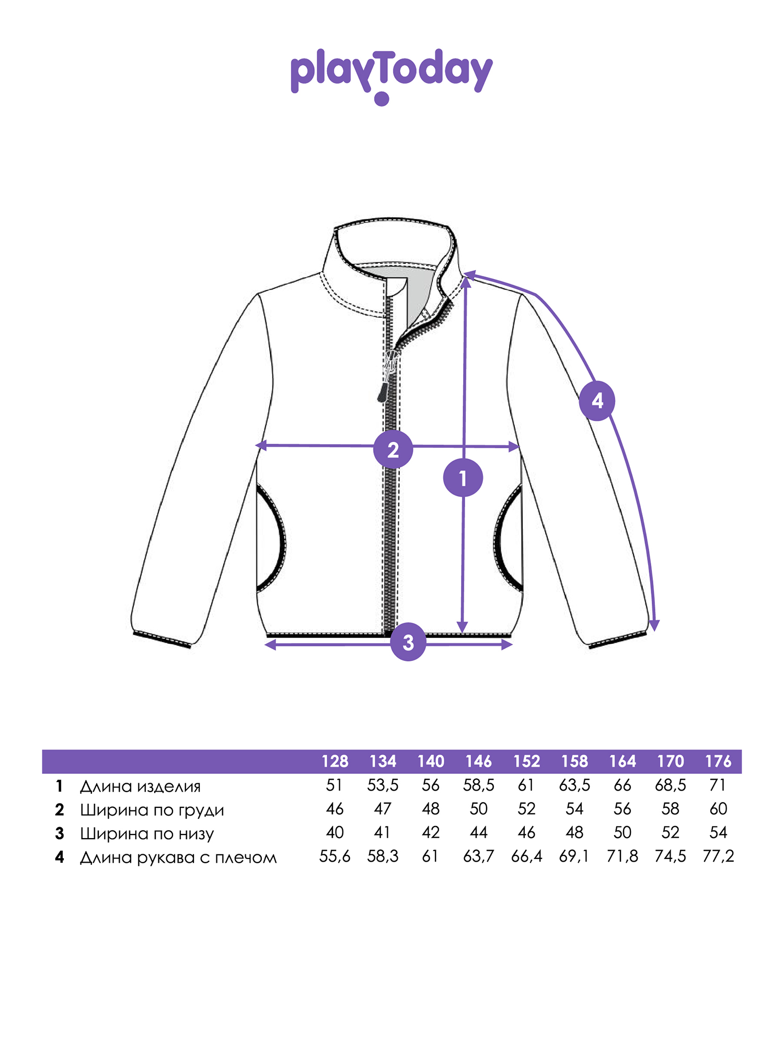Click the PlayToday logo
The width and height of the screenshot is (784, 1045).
pos(391,76)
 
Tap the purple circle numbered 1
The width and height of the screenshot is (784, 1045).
pos(463,478)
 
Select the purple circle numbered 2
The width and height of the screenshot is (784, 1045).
pos(393,449)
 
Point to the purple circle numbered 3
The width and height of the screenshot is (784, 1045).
pos(408,642)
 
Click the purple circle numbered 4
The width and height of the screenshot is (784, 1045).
pos(597,401)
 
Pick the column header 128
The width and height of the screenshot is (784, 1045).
pos(335,761)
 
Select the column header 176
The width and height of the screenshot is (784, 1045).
pos(718,761)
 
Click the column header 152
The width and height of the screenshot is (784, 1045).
pos(526,761)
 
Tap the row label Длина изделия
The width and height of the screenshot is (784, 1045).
pos(140,786)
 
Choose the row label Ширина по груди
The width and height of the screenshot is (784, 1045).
pos(152,810)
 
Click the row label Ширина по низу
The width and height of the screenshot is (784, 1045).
pos(147,833)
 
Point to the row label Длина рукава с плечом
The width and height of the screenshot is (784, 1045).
pos(178,857)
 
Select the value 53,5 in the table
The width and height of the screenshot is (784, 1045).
pos(383,785)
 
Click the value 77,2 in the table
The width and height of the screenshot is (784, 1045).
pos(718,856)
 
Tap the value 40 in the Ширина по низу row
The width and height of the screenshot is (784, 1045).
pos(335,832)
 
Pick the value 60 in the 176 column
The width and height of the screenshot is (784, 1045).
pos(718,809)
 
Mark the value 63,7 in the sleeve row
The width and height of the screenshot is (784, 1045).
pos(478,856)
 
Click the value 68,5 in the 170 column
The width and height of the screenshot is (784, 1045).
pos(670,785)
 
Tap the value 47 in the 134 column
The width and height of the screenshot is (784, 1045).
pos(383,809)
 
